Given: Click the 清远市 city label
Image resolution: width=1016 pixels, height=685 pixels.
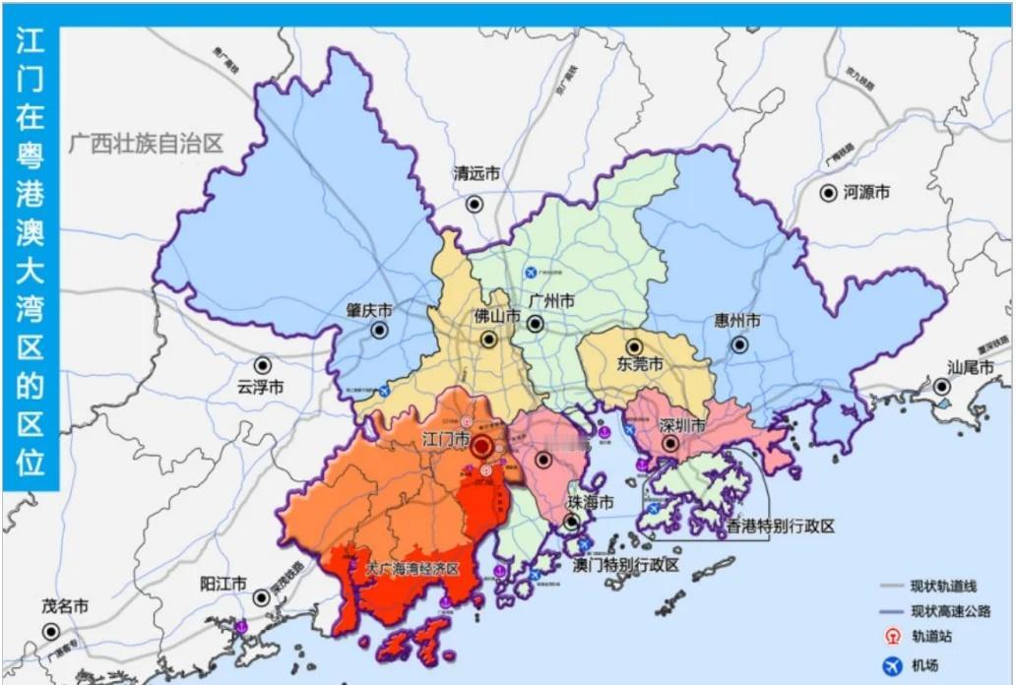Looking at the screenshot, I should tap(476, 174).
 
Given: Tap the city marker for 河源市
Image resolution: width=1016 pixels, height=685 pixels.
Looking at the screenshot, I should tap(829, 193).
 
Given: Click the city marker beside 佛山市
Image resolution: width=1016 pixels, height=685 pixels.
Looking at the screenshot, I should tap(489, 340).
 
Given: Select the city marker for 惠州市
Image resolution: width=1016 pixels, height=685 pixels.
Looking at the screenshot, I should tap(739, 345).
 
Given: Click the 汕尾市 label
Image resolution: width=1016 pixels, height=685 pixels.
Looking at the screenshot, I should tap(971, 366).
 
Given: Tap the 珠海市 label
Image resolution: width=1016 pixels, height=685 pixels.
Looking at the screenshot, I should tap(590, 502).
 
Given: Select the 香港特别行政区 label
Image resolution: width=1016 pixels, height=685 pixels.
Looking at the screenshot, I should tap(780, 527).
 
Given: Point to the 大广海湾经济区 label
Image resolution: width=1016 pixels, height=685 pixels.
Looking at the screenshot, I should tap(413, 570).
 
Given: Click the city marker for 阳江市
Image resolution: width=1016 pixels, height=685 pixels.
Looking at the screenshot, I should tap(262, 597).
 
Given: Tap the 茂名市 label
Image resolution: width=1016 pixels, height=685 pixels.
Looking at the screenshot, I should tap(65, 607).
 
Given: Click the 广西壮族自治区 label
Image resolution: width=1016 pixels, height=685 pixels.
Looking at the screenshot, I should tap(146, 144).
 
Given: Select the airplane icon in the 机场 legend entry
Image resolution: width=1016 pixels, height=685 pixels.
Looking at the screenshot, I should tap(893, 666).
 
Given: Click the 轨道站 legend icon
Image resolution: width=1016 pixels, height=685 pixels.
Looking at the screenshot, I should tap(893, 637).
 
